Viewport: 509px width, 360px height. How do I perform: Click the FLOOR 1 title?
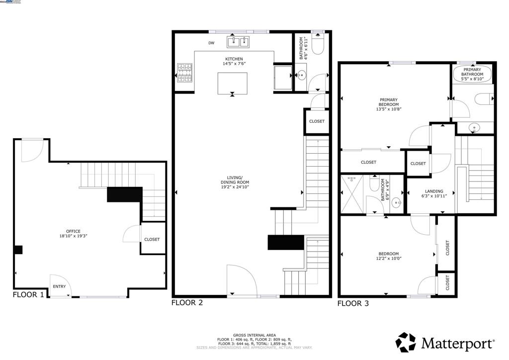[x=28, y=294]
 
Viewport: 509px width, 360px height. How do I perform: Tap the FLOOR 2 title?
[x=187, y=302]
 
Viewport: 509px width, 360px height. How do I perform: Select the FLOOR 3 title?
[x=353, y=303]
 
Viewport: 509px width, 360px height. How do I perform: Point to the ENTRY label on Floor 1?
[x=59, y=286]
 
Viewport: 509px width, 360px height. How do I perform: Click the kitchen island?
[x=232, y=83]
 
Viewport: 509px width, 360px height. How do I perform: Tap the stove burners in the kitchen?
[x=184, y=73]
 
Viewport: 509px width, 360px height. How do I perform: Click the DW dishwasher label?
[x=211, y=43]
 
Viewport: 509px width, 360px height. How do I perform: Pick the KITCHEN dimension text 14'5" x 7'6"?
[x=234, y=65]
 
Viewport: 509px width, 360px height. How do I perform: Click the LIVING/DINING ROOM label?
[x=234, y=183]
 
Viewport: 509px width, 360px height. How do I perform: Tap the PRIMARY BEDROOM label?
[x=389, y=104]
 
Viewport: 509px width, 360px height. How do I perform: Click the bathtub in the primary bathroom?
[x=473, y=74]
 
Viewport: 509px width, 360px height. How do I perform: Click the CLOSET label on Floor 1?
[x=152, y=239]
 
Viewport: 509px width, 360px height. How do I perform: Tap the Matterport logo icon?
[x=406, y=343]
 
